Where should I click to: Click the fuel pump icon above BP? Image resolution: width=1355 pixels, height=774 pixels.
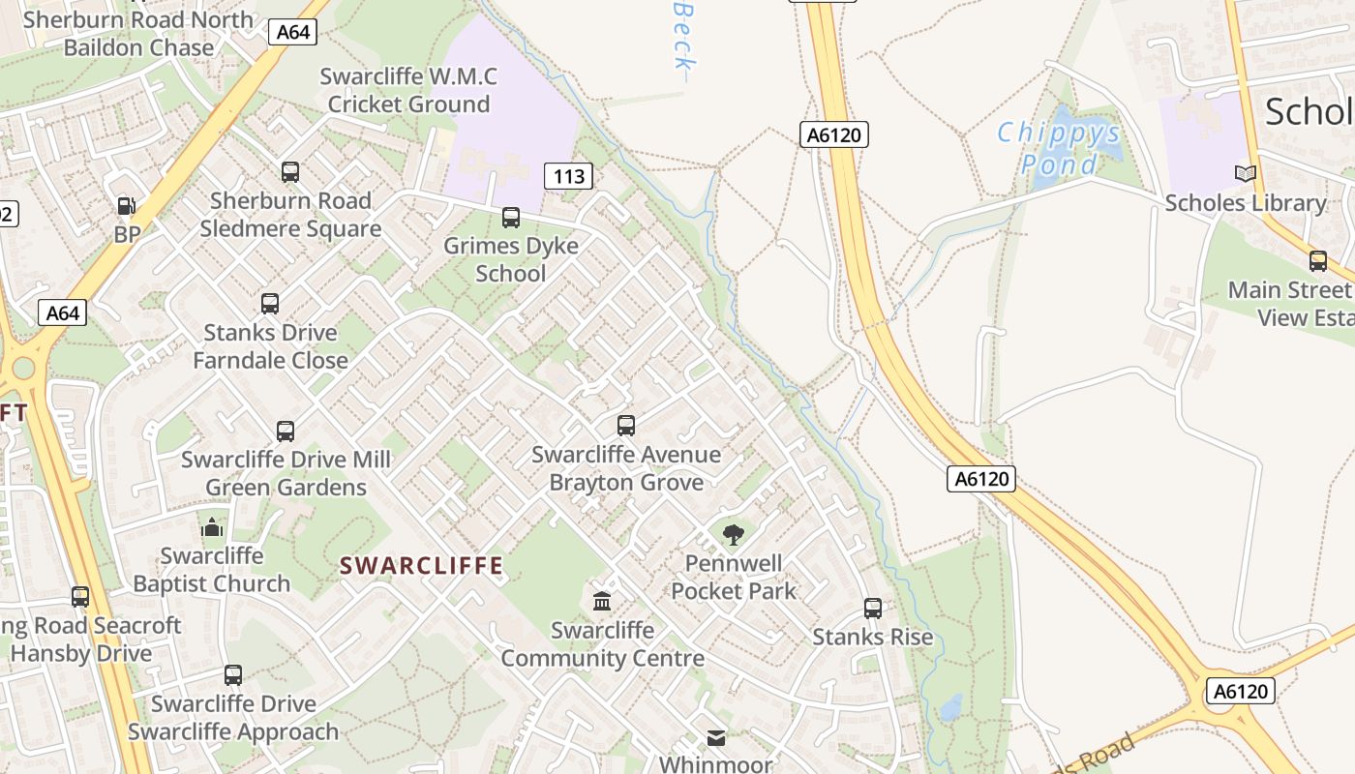pyautogui.click(x=126, y=206)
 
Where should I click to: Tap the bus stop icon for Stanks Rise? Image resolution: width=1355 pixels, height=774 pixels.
pyautogui.click(x=873, y=609)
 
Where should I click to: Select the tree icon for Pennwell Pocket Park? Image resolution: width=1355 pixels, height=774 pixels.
pyautogui.click(x=734, y=534)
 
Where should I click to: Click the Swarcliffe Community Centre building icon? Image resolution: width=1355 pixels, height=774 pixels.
pyautogui.click(x=602, y=601)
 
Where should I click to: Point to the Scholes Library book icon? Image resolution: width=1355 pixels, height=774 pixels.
pyautogui.click(x=1245, y=174)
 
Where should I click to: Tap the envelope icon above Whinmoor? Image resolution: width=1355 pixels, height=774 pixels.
pyautogui.click(x=715, y=738)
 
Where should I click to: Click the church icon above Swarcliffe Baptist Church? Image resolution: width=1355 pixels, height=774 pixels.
pyautogui.click(x=211, y=527)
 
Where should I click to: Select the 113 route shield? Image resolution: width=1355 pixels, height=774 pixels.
pyautogui.click(x=568, y=176)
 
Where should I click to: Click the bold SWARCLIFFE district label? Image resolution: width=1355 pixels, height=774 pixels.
pyautogui.click(x=421, y=566)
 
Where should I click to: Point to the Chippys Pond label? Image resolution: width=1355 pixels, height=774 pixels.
pyautogui.click(x=1059, y=147)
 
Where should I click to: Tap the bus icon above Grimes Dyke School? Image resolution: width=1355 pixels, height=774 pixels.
pyautogui.click(x=511, y=218)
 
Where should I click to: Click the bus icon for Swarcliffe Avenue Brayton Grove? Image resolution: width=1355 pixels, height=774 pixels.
pyautogui.click(x=626, y=426)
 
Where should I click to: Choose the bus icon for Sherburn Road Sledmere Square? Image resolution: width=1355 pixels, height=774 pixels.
pyautogui.click(x=290, y=172)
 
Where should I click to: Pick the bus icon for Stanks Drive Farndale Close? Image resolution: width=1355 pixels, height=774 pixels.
pyautogui.click(x=270, y=304)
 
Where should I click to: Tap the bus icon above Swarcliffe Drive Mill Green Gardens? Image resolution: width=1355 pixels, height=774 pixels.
pyautogui.click(x=286, y=432)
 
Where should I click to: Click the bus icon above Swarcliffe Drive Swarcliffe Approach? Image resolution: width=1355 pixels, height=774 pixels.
pyautogui.click(x=233, y=675)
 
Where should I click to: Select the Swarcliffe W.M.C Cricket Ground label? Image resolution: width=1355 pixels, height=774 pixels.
pyautogui.click(x=408, y=90)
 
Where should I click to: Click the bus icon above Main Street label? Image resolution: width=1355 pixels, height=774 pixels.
pyautogui.click(x=1317, y=261)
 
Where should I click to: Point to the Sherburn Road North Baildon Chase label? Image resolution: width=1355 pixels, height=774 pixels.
pyautogui.click(x=137, y=33)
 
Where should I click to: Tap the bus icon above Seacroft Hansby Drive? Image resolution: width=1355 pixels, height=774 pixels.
pyautogui.click(x=80, y=597)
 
